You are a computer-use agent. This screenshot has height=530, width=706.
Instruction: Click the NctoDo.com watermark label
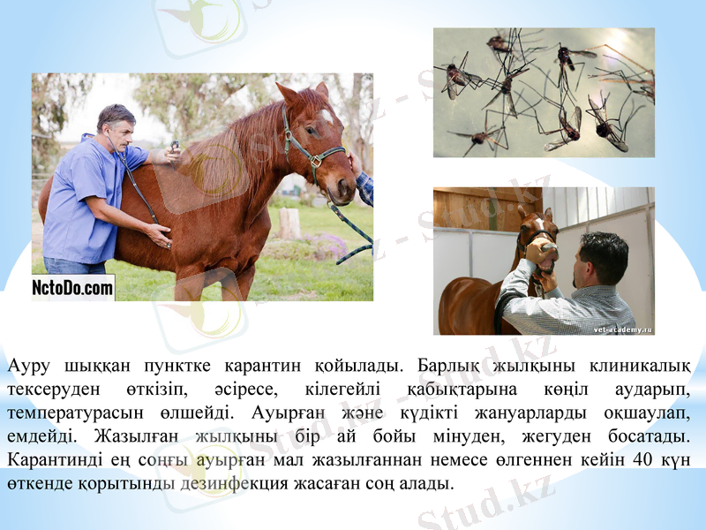point(73,287)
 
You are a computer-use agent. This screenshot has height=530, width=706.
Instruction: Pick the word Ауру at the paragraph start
point(28,365)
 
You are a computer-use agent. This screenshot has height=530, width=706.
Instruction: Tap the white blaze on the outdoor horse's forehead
point(327,116)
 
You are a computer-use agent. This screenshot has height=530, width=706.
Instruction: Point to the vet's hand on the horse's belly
point(159,234)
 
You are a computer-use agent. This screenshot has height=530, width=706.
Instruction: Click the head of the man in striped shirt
point(603,256)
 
